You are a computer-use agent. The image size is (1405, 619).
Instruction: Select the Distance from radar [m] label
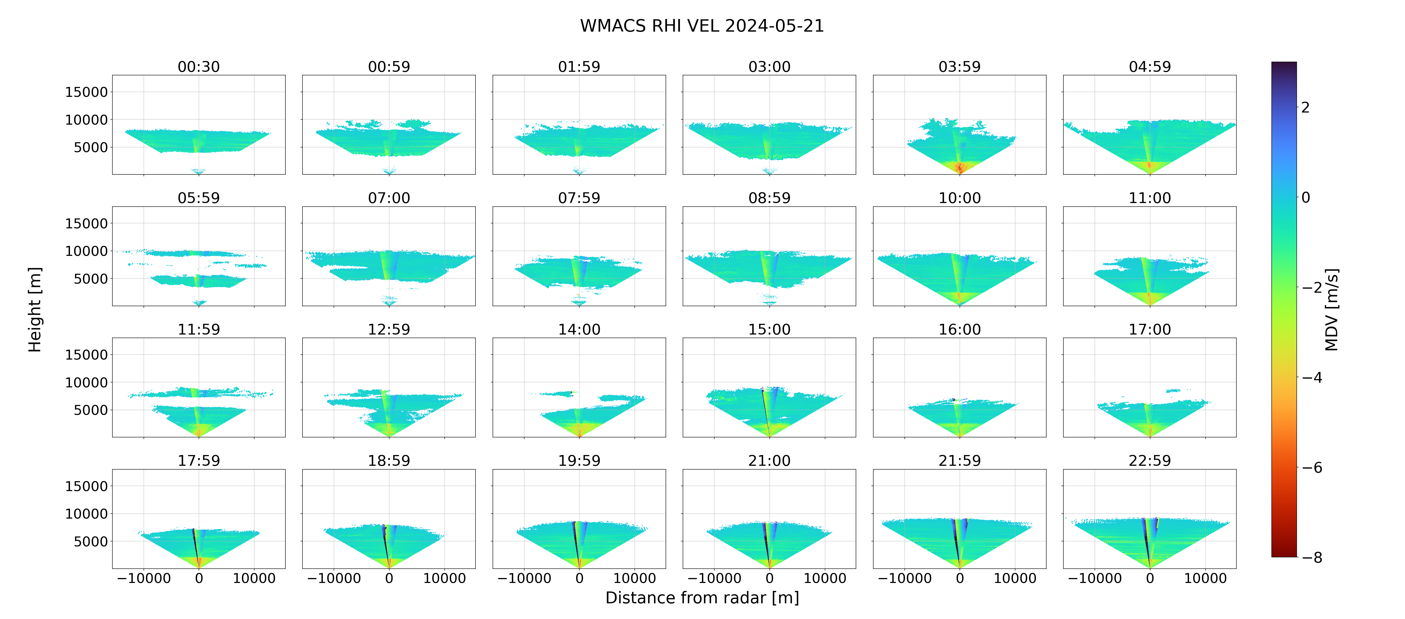pos(702,598)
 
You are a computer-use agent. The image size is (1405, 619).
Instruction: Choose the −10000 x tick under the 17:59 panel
pos(144,578)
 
